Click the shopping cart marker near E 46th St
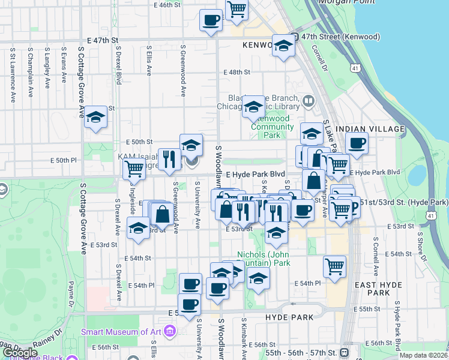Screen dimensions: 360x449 [x=237, y=9]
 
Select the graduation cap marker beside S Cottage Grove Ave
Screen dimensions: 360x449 [x=95, y=118]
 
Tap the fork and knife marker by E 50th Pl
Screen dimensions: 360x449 [x=169, y=158]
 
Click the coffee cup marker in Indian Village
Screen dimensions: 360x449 [x=357, y=143]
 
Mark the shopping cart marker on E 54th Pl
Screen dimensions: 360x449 [x=334, y=266]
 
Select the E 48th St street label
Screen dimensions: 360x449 [x=237, y=72]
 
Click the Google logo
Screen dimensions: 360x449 [x=19, y=353]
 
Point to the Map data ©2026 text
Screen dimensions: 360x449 [x=423, y=355]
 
